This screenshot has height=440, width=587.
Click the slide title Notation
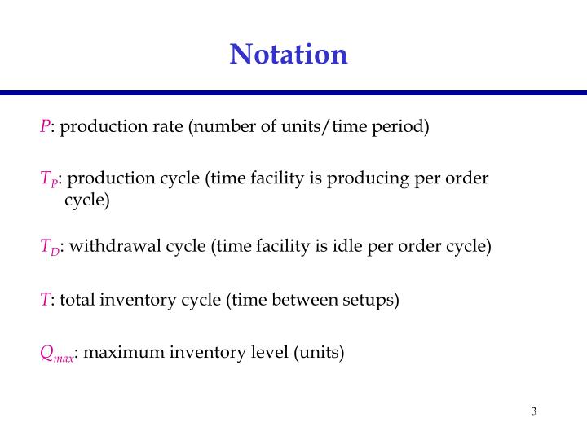tap(289, 55)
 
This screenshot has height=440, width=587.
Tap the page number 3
tap(533, 411)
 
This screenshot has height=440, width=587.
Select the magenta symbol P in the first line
tap(45, 127)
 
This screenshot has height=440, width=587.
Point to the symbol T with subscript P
tap(47, 179)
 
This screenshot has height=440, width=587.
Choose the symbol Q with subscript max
tap(56, 354)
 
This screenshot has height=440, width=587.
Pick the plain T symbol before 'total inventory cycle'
tap(45, 300)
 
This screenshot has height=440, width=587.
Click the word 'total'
tap(78, 300)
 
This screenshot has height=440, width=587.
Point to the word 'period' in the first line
tap(403, 127)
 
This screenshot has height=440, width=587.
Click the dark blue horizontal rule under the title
tap(293, 93)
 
